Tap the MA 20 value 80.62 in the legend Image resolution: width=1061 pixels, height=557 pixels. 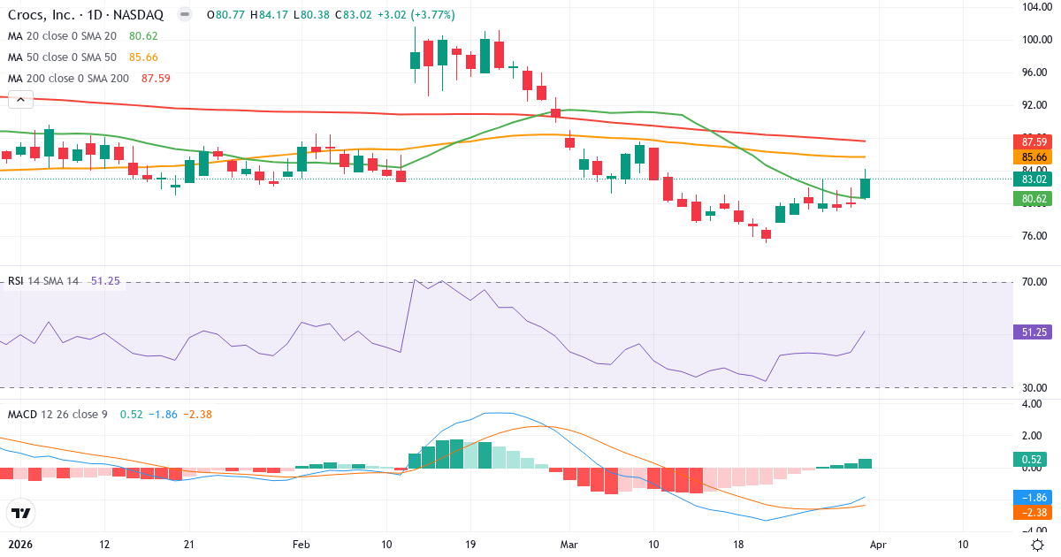pos(143,36)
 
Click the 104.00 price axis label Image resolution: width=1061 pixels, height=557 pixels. pos(1035,7)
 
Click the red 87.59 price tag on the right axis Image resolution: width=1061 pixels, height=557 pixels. pos(1034,141)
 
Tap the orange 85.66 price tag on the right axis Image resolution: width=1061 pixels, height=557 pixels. pos(1034,157)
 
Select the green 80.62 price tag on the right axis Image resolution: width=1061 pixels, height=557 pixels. pos(1034,199)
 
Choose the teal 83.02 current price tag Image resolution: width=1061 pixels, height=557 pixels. pos(1034,179)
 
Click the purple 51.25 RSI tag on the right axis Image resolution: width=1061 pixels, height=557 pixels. pos(1034,332)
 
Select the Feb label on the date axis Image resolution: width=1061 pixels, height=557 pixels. pos(302,545)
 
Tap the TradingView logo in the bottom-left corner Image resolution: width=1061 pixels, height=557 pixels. pos(20,513)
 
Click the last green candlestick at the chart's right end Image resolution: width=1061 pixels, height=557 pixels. pos(865,187)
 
